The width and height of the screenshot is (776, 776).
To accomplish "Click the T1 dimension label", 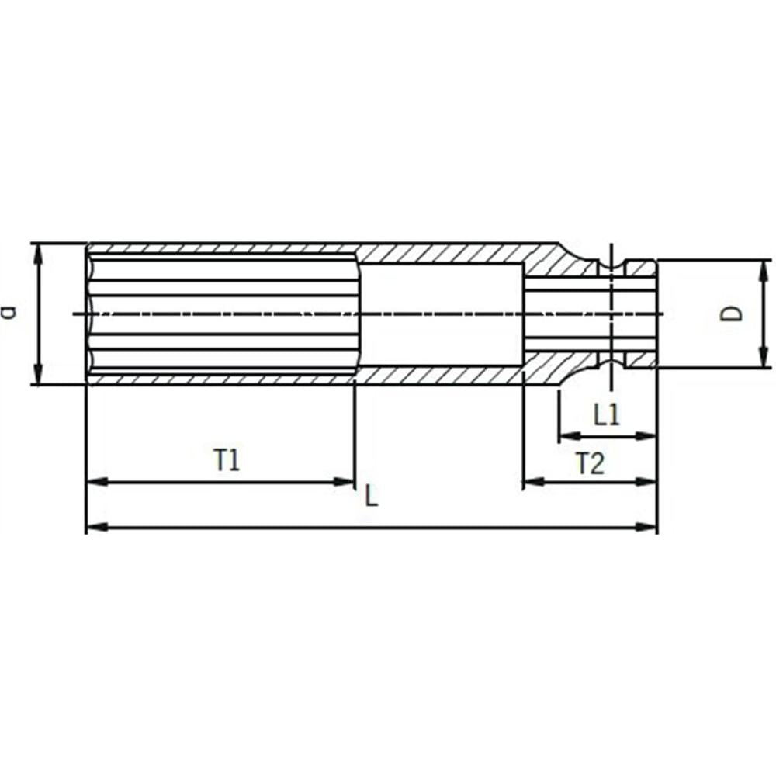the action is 227,459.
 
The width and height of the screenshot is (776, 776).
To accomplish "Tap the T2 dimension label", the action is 590,464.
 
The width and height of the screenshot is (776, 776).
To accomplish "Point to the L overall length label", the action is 371,495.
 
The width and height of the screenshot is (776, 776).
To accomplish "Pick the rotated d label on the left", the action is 9,313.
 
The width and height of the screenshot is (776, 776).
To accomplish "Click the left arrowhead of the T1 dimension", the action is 97,482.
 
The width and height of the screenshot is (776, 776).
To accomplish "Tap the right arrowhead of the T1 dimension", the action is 345,482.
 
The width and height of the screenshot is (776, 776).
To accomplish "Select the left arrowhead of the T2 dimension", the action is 534,481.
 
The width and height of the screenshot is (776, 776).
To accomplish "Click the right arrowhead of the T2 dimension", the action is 646,481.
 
